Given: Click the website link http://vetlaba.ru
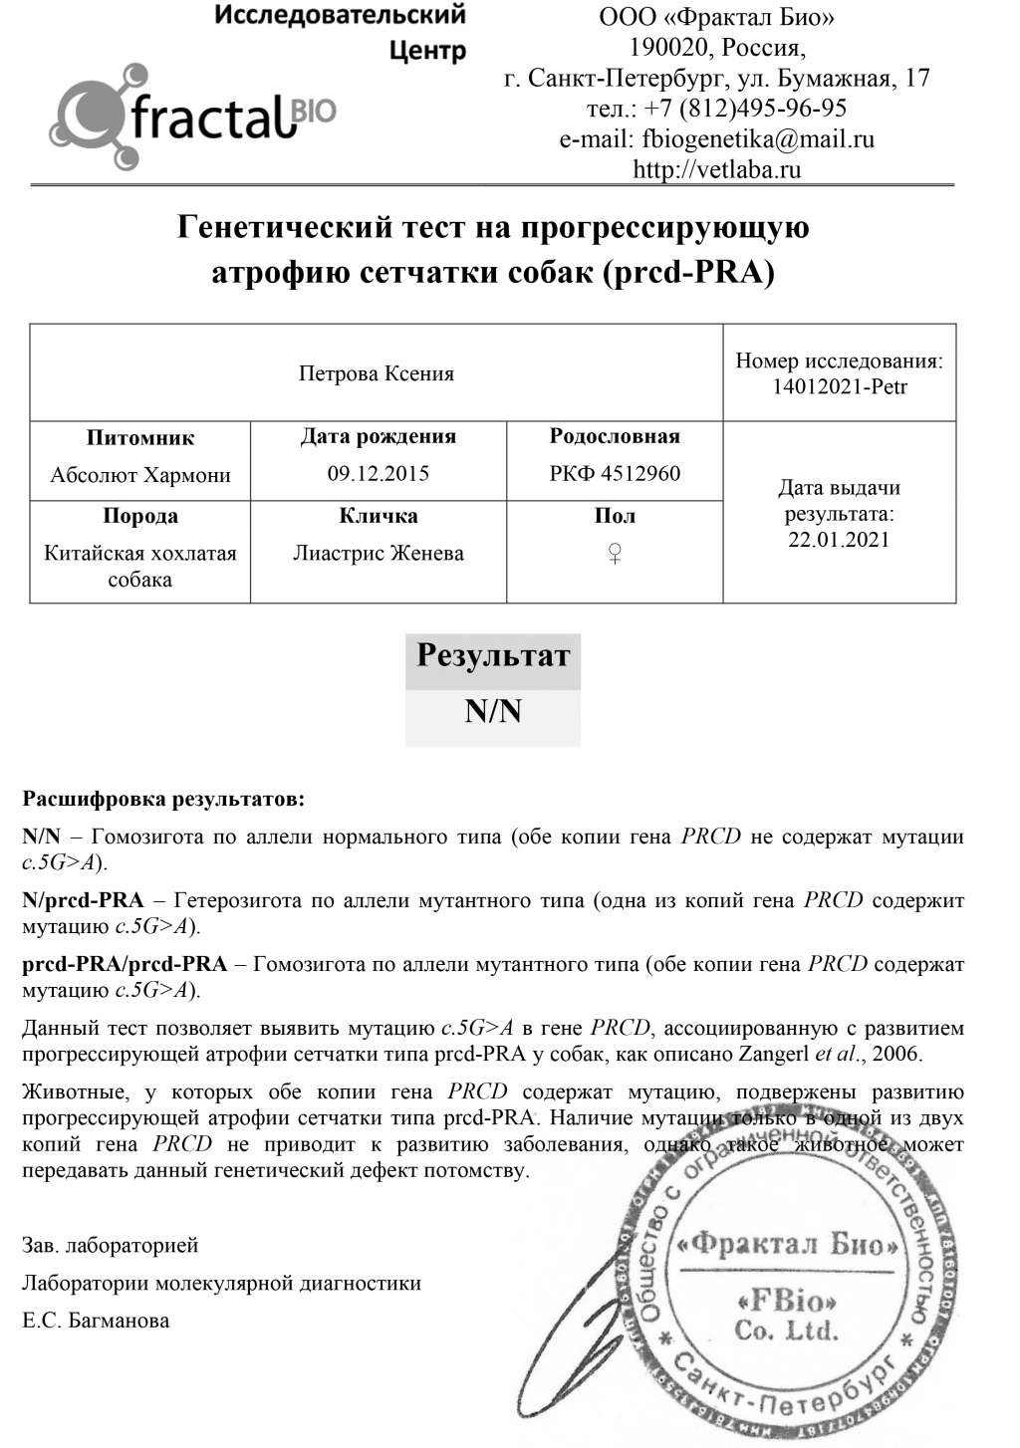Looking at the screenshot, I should click(716, 169).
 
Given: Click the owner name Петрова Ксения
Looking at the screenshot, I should click(377, 373).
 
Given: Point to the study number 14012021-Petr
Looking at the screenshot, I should click(840, 386).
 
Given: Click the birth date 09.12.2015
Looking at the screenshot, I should click(379, 473).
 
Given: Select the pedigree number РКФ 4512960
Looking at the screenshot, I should click(615, 473).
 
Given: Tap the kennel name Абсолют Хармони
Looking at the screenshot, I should click(140, 474).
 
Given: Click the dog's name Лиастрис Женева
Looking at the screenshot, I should click(379, 553).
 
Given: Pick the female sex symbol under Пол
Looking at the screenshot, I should click(615, 554).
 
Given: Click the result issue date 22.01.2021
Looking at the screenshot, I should click(840, 540).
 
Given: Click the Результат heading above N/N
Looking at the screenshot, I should click(493, 655).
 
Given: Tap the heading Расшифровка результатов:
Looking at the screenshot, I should click(163, 799).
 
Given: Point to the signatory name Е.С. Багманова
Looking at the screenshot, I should click(96, 1321).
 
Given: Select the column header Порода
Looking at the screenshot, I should click(140, 516).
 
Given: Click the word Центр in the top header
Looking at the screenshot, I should click(427, 50).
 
